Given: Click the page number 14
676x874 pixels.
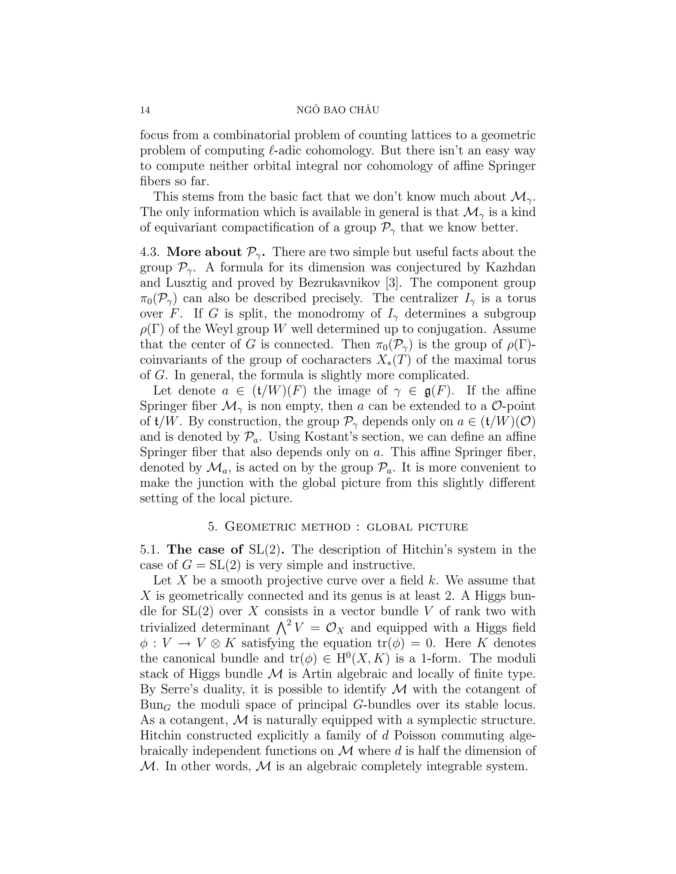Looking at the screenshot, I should point(145,110).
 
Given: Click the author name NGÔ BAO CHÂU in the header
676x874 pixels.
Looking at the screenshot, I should point(338,110).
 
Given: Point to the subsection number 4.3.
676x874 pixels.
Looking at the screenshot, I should point(150,252).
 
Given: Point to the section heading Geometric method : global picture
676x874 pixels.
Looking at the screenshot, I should point(338,527).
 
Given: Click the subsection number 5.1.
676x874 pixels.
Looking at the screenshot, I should point(150,550).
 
